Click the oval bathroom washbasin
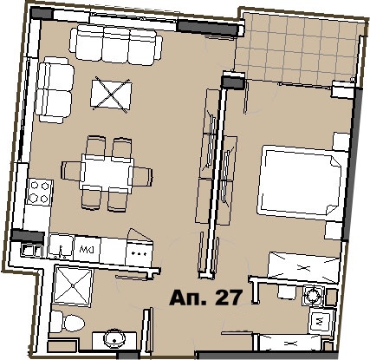113,337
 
